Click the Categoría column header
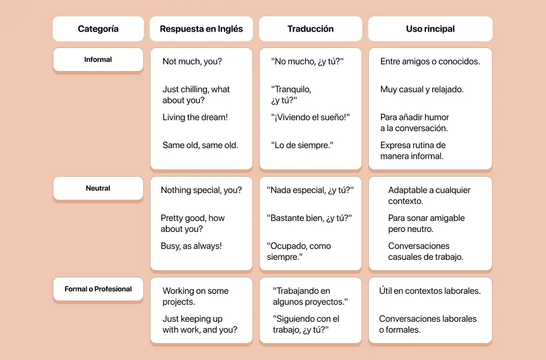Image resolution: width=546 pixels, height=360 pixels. (x=98, y=29)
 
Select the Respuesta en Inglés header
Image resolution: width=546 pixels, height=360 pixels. (x=201, y=29)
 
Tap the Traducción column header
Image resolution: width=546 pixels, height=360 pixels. (x=311, y=29)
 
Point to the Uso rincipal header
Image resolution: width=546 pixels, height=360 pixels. (x=430, y=29)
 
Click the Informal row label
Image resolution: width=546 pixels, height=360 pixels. (x=98, y=59)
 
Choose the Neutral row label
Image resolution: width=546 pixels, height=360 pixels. (x=98, y=188)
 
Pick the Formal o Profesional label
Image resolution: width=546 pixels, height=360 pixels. (x=98, y=289)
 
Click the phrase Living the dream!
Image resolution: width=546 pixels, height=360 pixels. (x=195, y=117)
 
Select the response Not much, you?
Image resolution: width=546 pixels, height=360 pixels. (x=192, y=61)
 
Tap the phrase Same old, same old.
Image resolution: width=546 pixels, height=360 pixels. (x=200, y=145)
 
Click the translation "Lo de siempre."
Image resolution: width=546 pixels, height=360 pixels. (x=302, y=145)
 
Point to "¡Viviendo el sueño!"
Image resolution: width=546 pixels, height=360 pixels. (x=311, y=117)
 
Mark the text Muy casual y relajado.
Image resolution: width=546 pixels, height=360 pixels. (x=422, y=89)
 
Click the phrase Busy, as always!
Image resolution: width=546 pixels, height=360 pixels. (x=191, y=246)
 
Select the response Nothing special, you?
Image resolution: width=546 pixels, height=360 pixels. (x=201, y=190)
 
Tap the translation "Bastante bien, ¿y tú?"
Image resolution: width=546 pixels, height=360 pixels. (x=309, y=218)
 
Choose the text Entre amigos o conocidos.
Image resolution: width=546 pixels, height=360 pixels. (x=430, y=61)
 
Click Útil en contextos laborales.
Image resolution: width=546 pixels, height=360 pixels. (x=430, y=291)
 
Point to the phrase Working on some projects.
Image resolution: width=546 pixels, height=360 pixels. (x=195, y=296)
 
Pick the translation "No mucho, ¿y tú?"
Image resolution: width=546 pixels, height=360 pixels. (x=308, y=61)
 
